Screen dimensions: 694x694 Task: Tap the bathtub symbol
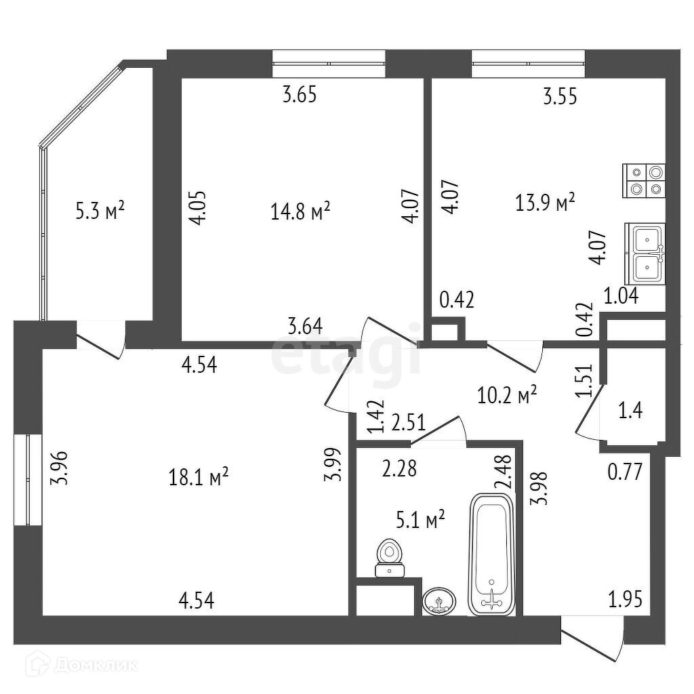point(491,554)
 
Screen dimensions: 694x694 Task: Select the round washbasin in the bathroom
point(439,600)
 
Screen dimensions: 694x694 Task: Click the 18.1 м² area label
point(198,478)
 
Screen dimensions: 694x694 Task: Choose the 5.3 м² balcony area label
point(100,211)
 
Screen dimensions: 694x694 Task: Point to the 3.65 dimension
point(300,95)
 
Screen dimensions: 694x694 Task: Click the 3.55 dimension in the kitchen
point(560,97)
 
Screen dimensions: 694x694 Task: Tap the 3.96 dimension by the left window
point(62,468)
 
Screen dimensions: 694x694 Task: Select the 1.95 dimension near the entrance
point(625,599)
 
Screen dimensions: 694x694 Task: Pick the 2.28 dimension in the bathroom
point(399,468)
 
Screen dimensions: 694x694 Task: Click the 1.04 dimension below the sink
point(621,295)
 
